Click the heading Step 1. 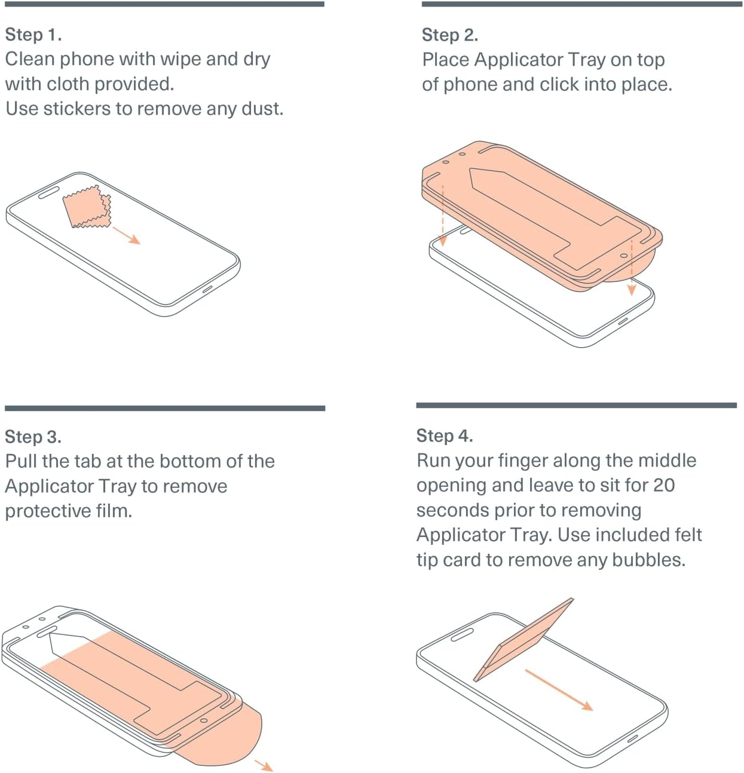click(x=33, y=35)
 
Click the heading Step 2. click(x=450, y=35)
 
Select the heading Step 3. click(x=33, y=437)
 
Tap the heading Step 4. click(x=445, y=436)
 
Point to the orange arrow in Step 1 click(x=127, y=235)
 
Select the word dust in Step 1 click(x=261, y=109)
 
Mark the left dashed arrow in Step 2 click(x=442, y=215)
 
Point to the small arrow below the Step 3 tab click(x=264, y=765)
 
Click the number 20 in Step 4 click(x=663, y=485)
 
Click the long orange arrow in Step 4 click(x=559, y=690)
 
